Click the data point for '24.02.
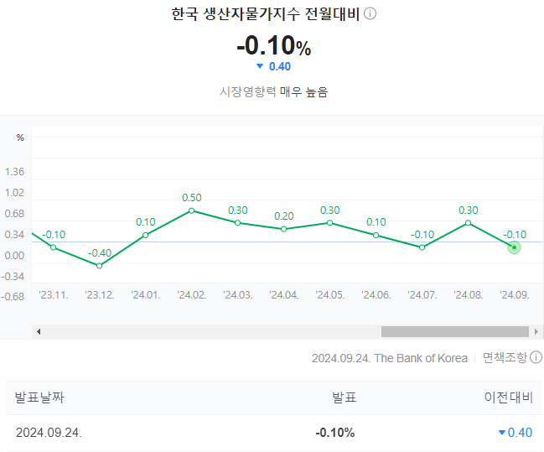pyautogui.click(x=191, y=210)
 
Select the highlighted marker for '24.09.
pyautogui.click(x=514, y=247)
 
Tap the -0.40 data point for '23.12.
pyautogui.click(x=99, y=266)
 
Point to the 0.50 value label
pyautogui.click(x=191, y=198)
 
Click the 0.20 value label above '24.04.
pyautogui.click(x=284, y=216)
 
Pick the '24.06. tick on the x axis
pyautogui.click(x=376, y=295)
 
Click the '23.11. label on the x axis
pyautogui.click(x=54, y=295)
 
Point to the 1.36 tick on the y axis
pyautogui.click(x=14, y=172)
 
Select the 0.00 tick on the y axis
pyautogui.click(x=14, y=256)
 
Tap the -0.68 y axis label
pyautogui.click(x=13, y=297)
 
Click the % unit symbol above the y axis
pyautogui.click(x=20, y=138)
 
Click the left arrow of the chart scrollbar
pyautogui.click(x=39, y=331)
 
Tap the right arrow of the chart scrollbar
pyautogui.click(x=536, y=331)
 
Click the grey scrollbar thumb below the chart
pyautogui.click(x=455, y=331)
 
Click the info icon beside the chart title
pyautogui.click(x=370, y=14)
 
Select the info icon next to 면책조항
pyautogui.click(x=536, y=357)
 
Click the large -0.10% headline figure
pyautogui.click(x=274, y=45)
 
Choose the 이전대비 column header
pyautogui.click(x=508, y=397)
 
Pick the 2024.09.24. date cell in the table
pyautogui.click(x=49, y=433)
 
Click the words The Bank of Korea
pyautogui.click(x=421, y=358)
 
